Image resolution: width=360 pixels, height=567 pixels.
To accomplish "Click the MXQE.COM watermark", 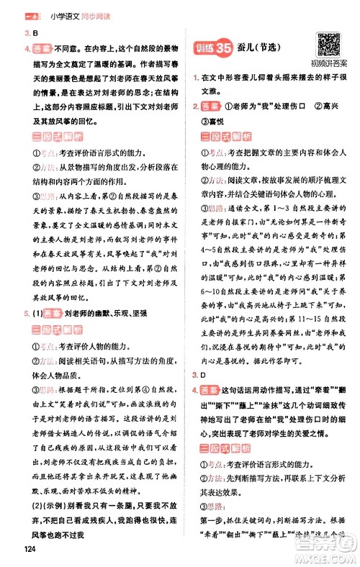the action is pyautogui.click(x=328, y=553).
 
